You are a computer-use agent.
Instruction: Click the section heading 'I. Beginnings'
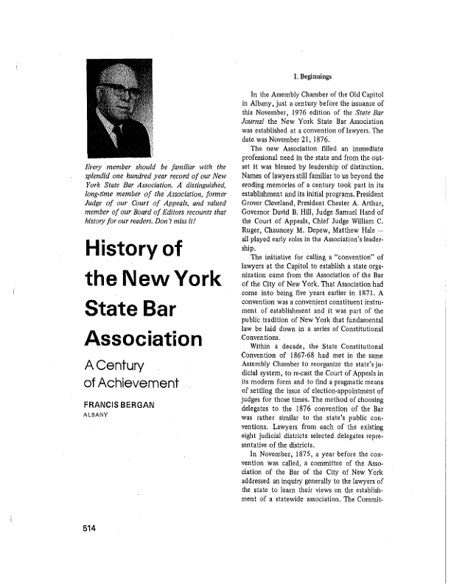(312, 76)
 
